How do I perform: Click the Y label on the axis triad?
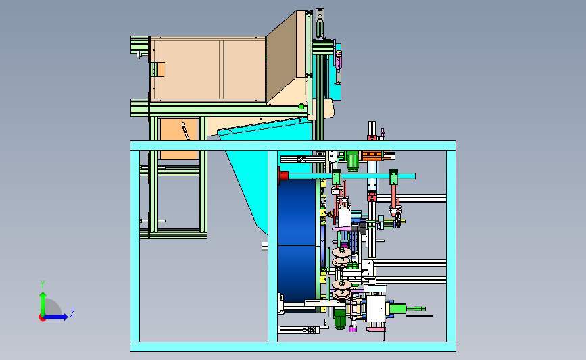[43, 284]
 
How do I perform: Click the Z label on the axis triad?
[72, 313]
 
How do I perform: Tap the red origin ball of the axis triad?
[42, 318]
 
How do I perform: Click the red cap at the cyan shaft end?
[283, 176]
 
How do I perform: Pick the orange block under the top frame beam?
[372, 155]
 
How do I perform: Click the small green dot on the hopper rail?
[301, 107]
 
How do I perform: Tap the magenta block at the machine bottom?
[352, 329]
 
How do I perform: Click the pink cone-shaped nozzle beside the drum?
[341, 228]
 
